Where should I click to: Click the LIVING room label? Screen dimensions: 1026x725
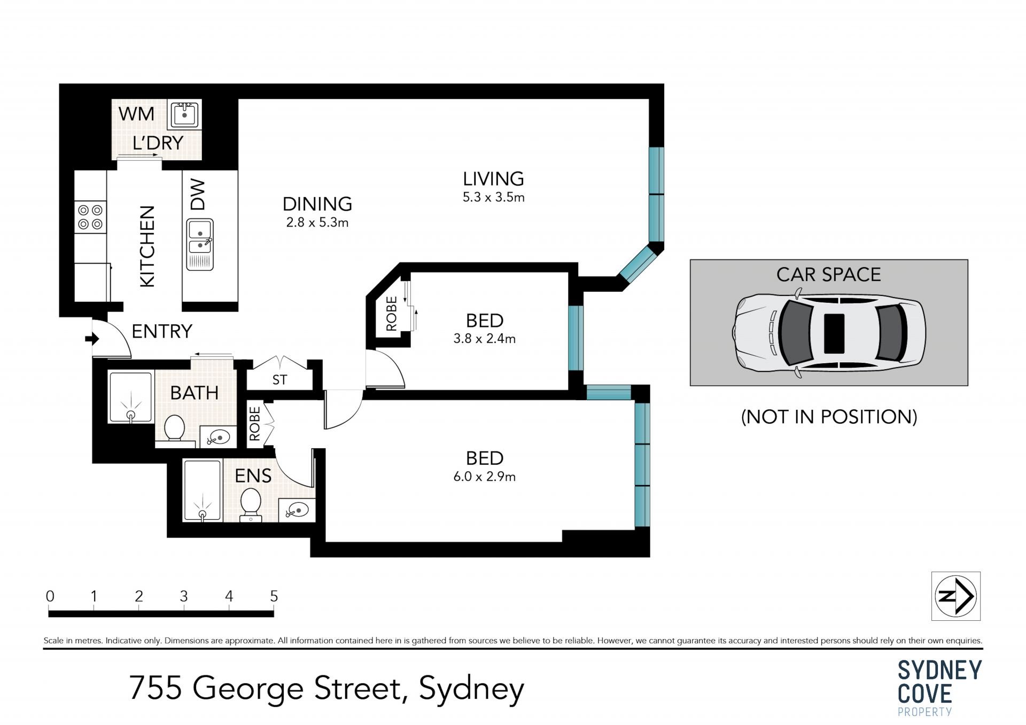493,178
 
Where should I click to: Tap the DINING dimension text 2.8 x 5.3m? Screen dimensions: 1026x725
317,223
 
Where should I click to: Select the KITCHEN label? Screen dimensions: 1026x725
147,246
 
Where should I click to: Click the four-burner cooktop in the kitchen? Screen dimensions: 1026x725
90,217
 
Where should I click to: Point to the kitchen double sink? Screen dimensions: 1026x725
200,244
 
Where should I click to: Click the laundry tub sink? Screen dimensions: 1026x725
184,115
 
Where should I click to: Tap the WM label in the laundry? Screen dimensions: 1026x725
136,114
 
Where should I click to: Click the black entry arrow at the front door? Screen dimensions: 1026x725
92,338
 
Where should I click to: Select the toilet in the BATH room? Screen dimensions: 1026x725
174,429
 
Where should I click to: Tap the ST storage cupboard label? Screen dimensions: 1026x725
279,379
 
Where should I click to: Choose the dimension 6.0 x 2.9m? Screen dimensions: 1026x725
485,477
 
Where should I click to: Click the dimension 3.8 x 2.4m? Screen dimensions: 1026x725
485,339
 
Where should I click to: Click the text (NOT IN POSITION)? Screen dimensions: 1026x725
829,417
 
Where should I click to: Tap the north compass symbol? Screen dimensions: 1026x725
956,596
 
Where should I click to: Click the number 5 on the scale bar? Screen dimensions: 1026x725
274,596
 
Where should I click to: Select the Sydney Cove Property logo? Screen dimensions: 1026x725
939,688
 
